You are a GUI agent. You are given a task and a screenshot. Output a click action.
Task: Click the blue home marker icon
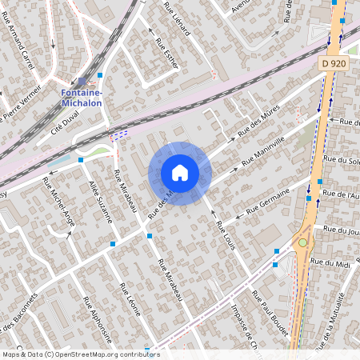click(x=180, y=173)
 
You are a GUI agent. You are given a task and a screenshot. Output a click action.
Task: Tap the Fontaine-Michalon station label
click(x=82, y=98)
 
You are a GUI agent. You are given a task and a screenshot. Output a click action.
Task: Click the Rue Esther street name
click(x=166, y=53)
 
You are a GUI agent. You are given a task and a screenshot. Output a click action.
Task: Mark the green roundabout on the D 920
click(x=302, y=242)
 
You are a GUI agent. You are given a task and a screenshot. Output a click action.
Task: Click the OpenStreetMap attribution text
click(x=80, y=354)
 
